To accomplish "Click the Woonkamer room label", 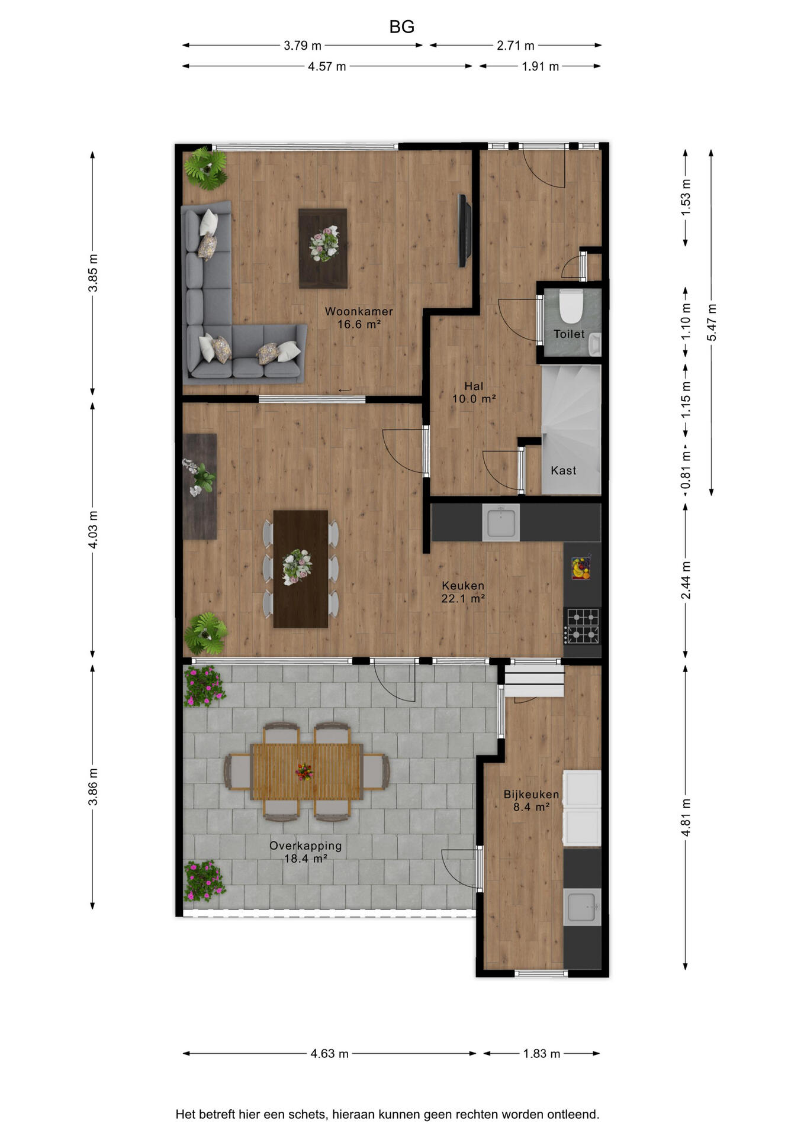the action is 359,311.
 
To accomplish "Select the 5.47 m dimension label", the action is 712,322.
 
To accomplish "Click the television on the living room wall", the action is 465,231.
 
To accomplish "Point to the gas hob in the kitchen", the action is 582,626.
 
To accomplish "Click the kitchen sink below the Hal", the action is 501,522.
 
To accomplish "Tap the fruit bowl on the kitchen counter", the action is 581,568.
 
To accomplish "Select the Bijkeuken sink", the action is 583,907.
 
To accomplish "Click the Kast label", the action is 564,470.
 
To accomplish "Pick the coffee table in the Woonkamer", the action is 323,248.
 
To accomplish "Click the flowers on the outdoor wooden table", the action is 304,772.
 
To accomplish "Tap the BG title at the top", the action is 402,27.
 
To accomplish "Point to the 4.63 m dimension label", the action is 330,1053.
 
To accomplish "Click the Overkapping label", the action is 305,845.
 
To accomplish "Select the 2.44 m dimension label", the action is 686,580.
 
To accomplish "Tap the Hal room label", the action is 474,386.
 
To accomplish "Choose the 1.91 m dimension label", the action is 541,66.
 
